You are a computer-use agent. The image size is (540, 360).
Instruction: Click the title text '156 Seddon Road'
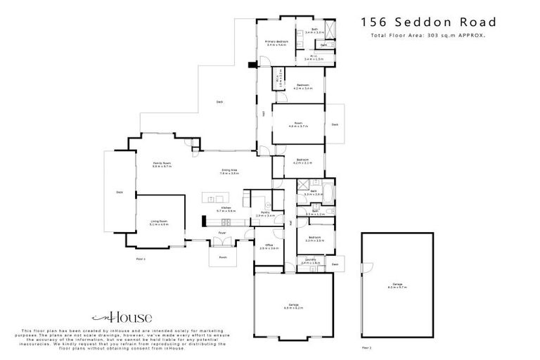click(x=430, y=22)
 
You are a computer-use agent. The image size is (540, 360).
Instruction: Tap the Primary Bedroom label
click(x=278, y=44)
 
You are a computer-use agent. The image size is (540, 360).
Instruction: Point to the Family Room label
click(x=162, y=165)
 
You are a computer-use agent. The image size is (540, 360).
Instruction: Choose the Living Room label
click(x=159, y=223)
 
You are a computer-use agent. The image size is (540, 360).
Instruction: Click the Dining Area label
click(x=229, y=170)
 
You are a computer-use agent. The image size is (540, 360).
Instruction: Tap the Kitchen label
click(x=226, y=209)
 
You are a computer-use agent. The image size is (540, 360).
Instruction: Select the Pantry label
click(x=266, y=214)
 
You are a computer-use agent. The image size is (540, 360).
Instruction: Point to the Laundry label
click(x=310, y=262)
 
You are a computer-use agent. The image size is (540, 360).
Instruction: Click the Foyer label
click(x=221, y=231)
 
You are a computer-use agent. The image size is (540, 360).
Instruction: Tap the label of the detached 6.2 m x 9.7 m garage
click(x=398, y=285)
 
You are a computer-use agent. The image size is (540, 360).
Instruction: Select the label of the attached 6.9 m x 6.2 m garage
click(x=292, y=306)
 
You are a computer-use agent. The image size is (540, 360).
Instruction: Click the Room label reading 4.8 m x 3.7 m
click(x=298, y=124)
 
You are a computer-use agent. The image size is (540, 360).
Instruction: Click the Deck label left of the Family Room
click(x=120, y=192)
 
